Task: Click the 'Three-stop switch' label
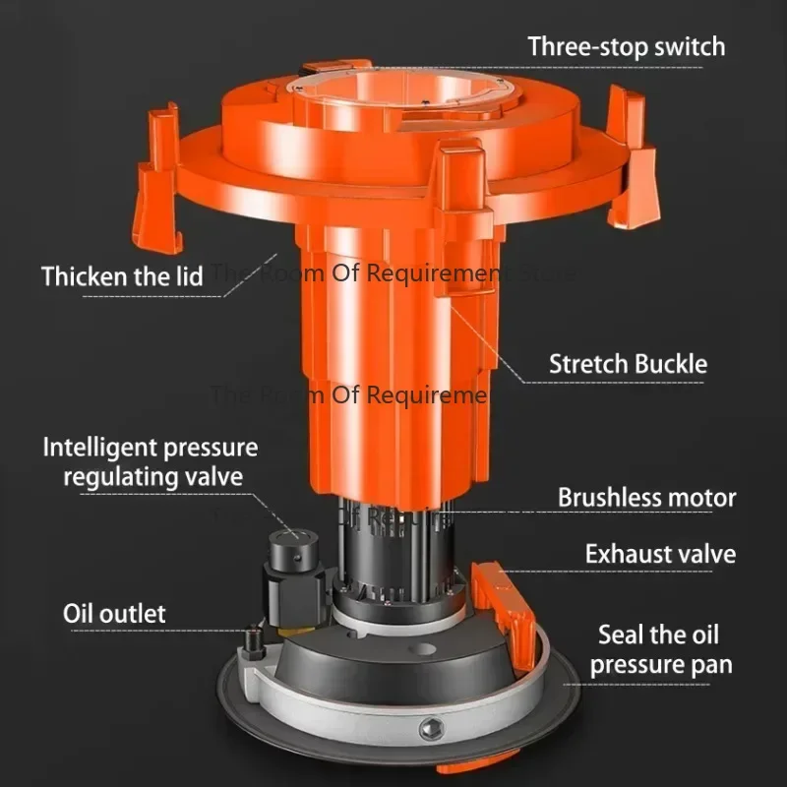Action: (626, 46)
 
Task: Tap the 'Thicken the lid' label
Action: (122, 276)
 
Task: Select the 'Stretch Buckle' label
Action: (628, 364)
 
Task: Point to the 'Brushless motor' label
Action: (646, 497)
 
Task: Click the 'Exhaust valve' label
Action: (660, 554)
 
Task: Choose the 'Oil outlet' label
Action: (114, 614)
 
